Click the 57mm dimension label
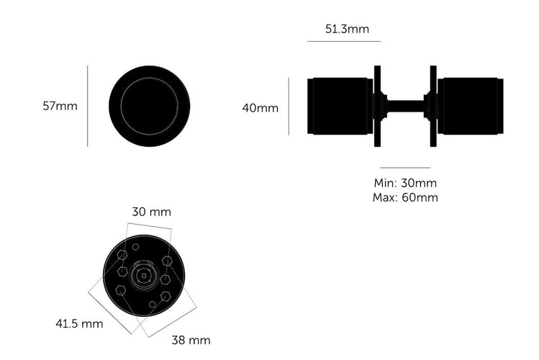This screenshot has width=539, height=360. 60,106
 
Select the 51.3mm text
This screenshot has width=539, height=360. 347,29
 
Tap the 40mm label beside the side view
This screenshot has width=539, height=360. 261,108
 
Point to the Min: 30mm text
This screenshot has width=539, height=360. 405,183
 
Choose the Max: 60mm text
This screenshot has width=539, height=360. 405,198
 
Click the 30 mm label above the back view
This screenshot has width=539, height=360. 152,212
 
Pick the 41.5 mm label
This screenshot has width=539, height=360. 79,323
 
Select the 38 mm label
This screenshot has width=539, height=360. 191,340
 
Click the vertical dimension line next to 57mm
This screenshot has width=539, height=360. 88,107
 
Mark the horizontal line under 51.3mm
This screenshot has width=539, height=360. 344,41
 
